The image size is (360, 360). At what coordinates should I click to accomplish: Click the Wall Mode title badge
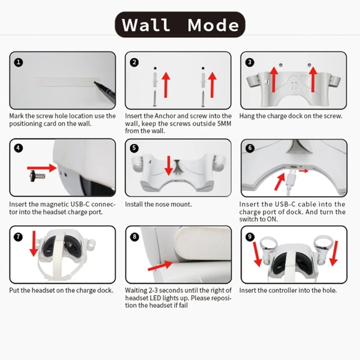[180, 25]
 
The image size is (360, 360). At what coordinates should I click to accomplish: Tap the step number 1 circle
[18, 63]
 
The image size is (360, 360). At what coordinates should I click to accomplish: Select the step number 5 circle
[134, 148]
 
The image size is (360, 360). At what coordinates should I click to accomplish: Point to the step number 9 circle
[250, 237]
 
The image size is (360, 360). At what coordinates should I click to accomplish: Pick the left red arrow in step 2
[166, 85]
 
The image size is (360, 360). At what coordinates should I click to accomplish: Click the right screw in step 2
[203, 99]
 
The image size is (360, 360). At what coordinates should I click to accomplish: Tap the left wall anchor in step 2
[155, 80]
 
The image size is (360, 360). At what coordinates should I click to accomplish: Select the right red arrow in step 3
[313, 80]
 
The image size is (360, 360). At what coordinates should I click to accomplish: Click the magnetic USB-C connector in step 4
[37, 176]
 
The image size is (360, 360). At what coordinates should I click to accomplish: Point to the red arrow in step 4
[42, 168]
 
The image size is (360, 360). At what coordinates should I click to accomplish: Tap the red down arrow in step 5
[169, 166]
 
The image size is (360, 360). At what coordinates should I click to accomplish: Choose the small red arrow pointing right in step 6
[303, 171]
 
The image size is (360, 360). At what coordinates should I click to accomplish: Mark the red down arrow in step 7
[34, 243]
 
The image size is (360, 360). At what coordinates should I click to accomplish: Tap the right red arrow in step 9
[334, 253]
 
